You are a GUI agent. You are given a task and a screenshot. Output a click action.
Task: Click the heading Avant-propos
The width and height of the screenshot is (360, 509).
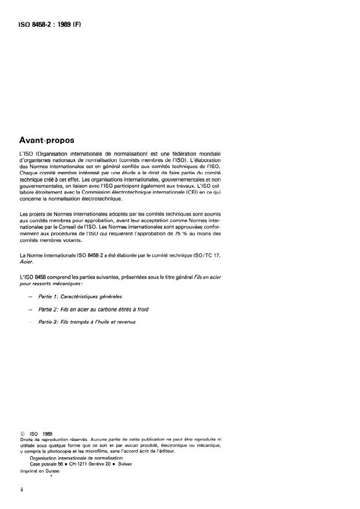[50, 139]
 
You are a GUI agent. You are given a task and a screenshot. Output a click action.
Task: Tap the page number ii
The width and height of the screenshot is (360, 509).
[22, 491]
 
